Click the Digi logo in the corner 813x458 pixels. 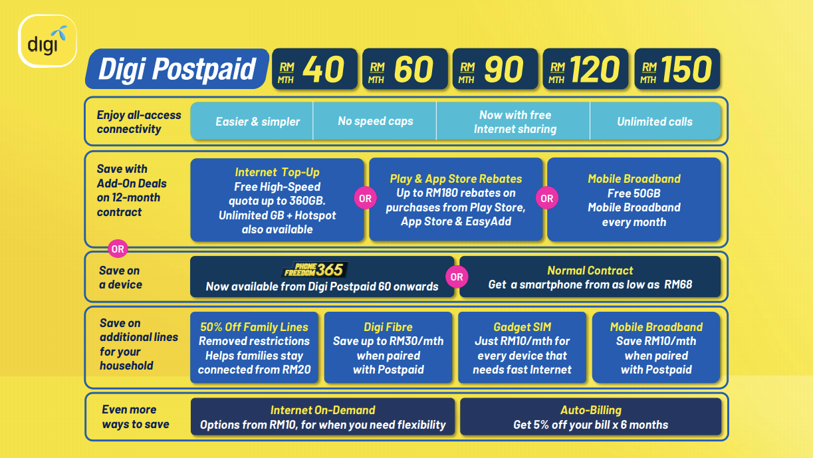[48, 41]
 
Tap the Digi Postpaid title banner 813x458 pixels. [177, 68]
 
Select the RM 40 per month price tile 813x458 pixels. [314, 68]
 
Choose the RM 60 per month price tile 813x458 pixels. [405, 68]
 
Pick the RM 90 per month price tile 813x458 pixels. [495, 68]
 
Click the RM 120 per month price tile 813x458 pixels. [586, 68]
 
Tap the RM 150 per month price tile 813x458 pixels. [677, 68]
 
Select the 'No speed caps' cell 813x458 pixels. [376, 121]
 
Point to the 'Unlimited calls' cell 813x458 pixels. [655, 122]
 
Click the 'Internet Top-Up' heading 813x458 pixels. [277, 172]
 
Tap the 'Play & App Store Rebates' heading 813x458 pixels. [456, 179]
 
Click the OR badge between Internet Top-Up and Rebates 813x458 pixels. [365, 198]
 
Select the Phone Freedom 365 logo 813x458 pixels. [314, 270]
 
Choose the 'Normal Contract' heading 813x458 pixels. [590, 271]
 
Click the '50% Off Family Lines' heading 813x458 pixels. [254, 327]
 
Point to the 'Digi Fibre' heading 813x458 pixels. [388, 327]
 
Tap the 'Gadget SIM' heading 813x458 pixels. [523, 327]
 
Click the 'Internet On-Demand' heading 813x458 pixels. [322, 410]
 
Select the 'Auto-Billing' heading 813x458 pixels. [591, 410]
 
